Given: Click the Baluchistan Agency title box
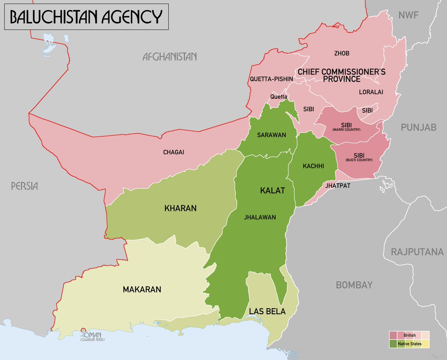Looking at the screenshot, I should click(86, 17).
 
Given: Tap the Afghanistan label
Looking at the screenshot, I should click(169, 57).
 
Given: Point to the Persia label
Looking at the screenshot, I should click(25, 186).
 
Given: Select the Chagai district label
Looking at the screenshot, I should click(174, 152).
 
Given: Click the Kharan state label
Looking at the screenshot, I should click(180, 208).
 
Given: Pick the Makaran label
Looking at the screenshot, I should click(142, 289).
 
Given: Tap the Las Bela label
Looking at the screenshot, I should click(267, 312).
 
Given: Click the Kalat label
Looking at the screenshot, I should click(272, 191).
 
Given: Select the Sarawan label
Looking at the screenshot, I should click(271, 135).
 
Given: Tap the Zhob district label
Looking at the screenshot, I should click(342, 53).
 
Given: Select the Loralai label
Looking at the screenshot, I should click(371, 92).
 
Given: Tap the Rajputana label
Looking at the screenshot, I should click(417, 252).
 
